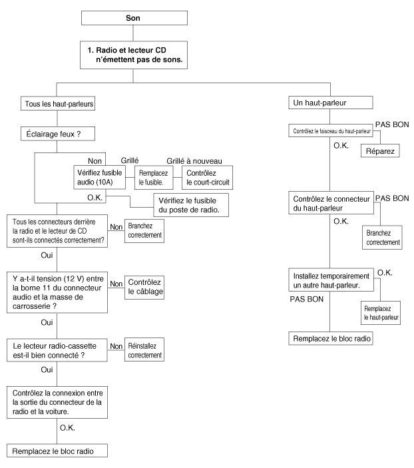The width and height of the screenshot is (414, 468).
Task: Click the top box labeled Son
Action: coord(134,18)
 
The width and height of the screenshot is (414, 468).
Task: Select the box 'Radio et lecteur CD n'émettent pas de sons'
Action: coord(133,55)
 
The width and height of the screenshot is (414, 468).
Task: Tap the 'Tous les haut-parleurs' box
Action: coord(58,103)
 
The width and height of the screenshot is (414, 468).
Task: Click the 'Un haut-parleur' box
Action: coord(330,103)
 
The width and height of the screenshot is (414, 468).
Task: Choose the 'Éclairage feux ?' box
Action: coord(58,134)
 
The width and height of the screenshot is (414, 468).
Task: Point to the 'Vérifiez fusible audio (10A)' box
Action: coord(99,177)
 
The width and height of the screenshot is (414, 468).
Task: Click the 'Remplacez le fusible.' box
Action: coord(154,178)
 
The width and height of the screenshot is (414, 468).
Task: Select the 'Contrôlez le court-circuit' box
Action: coord(207,178)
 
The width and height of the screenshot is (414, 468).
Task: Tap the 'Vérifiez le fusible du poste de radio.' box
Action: coord(191,205)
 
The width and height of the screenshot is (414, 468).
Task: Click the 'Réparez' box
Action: coord(380,150)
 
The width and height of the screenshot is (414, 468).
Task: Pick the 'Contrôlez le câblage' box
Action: coord(144,287)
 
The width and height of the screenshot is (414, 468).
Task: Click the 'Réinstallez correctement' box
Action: coord(144,350)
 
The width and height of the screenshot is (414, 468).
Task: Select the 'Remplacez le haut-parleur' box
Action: coord(381,313)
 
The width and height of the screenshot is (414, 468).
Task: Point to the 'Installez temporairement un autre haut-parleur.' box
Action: coord(331,280)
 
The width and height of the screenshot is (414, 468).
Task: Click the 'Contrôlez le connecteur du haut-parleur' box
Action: coord(331,203)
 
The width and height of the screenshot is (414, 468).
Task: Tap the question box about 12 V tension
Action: coord(57,292)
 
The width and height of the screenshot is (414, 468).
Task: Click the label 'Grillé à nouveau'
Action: coord(194,161)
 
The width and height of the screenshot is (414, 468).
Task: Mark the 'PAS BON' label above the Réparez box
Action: coord(392,124)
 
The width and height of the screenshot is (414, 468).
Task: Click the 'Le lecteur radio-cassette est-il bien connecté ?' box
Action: coord(57,350)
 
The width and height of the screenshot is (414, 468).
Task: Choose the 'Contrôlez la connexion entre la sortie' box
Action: coord(57,402)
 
